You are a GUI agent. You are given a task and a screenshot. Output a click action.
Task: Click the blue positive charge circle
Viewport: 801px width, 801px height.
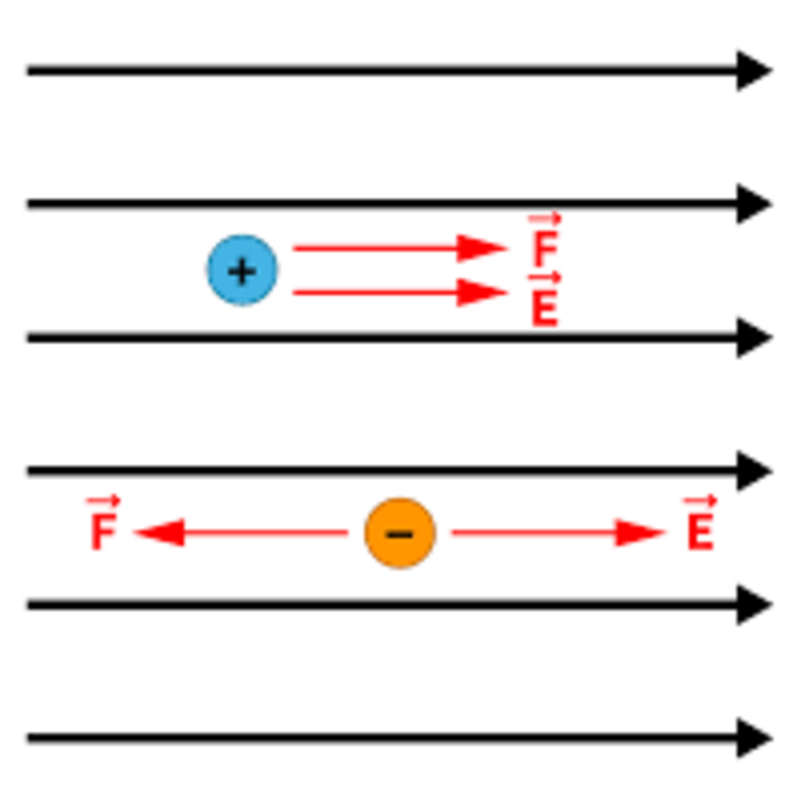(242, 270)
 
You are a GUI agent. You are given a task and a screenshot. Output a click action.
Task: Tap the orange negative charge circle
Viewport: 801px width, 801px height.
(400, 533)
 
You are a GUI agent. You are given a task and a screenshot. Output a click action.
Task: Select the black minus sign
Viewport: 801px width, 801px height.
(400, 535)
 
